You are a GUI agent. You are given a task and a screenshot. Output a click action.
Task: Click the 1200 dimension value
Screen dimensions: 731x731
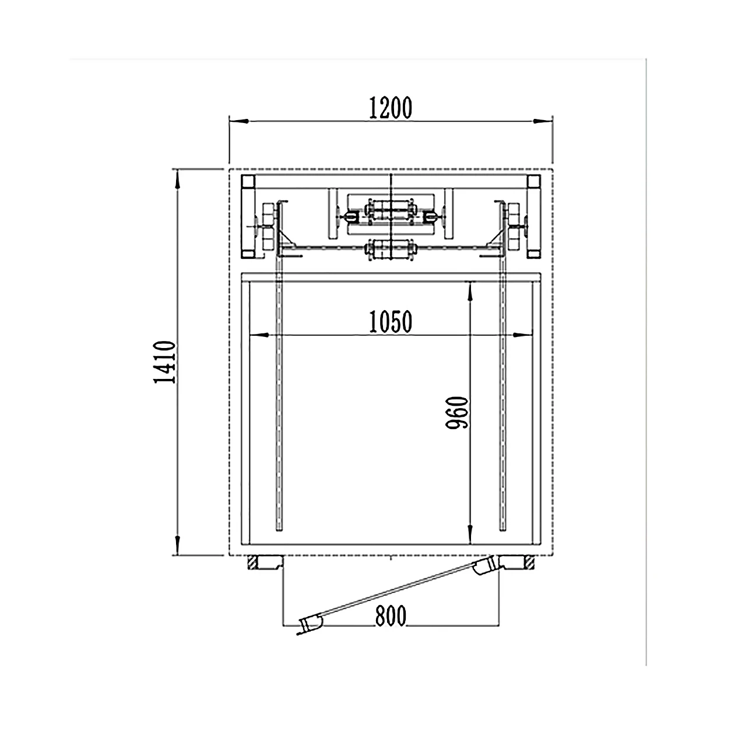point(391,108)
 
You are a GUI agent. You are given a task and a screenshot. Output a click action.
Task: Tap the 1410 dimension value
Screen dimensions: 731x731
point(164,362)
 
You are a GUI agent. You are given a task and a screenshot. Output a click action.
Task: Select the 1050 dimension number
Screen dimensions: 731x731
point(391,322)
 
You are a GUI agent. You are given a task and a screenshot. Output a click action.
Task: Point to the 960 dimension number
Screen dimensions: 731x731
point(457,413)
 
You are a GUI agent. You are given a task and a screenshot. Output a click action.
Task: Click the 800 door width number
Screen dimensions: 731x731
point(391,616)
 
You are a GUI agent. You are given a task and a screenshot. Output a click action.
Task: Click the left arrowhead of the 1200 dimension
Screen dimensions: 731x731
point(239,121)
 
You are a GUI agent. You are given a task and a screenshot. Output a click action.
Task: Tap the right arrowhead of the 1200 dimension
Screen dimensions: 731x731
point(543,121)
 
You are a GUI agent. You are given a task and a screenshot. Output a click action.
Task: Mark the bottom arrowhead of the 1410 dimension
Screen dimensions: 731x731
point(178,546)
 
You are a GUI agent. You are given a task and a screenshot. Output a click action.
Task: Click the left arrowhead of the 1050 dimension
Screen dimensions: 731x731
point(259,335)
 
